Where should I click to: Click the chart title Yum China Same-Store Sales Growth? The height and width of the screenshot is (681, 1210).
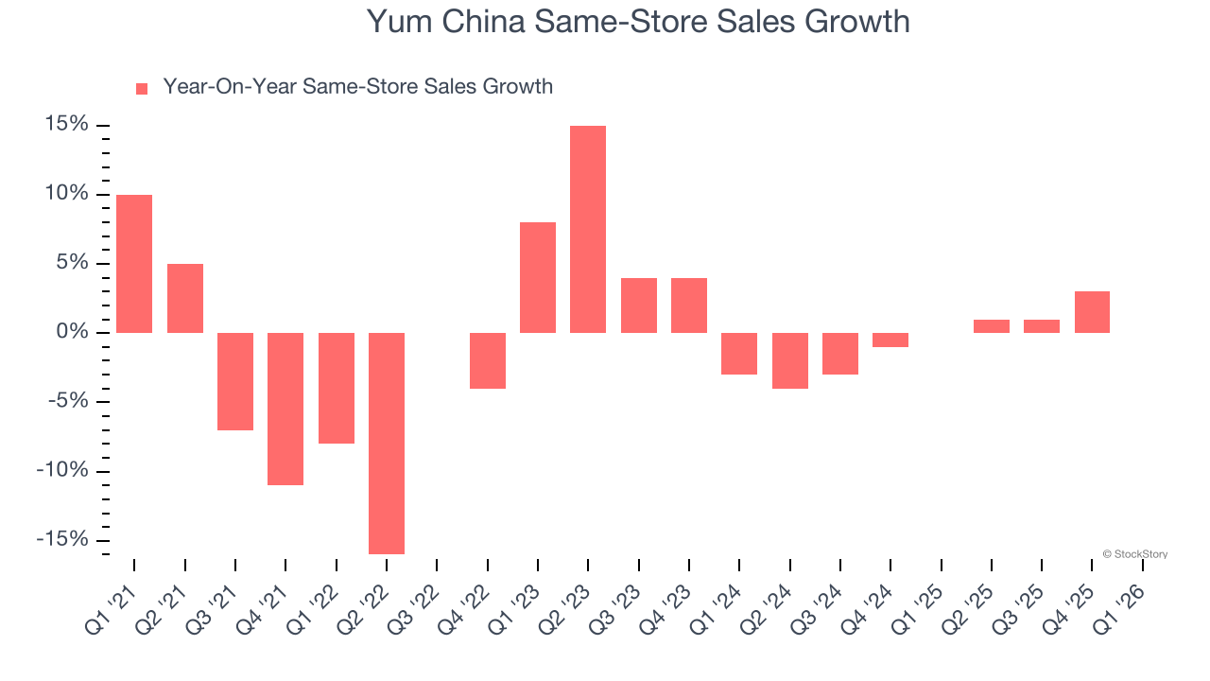coord(638,21)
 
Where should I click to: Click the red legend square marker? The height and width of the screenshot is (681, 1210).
coord(142,89)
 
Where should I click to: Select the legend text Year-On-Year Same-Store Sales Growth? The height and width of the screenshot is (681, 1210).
coord(357,87)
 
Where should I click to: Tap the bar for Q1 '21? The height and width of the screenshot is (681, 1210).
coord(134,263)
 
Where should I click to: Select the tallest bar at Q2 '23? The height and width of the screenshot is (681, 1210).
coord(588,229)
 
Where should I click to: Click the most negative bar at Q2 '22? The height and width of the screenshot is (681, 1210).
coord(387,443)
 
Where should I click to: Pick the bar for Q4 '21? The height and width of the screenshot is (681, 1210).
coord(285,409)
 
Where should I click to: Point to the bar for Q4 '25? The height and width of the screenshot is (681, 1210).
coord(1092,312)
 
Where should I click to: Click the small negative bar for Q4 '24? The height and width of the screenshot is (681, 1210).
coord(890,340)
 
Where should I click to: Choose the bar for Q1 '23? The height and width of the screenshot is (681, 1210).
coord(538,277)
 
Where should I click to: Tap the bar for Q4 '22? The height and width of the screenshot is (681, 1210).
coord(488,360)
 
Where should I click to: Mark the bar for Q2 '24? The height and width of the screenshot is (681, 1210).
coord(790,360)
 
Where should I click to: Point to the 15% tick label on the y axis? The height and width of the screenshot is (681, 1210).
coord(65,125)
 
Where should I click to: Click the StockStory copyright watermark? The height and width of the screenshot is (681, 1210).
coord(1134,554)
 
